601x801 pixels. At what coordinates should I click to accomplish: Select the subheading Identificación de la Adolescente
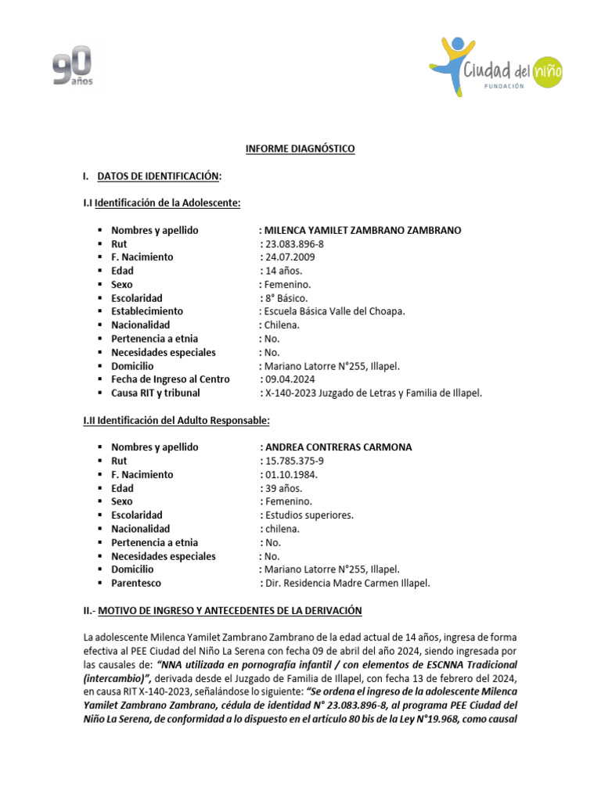pos(162,203)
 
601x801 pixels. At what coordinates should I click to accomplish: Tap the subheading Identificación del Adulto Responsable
pos(176,420)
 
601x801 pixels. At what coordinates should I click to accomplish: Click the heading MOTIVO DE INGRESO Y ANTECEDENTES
pos(229,610)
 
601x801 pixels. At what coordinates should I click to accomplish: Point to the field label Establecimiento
pos(147,311)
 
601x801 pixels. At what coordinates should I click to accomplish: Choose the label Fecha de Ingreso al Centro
pos(170,379)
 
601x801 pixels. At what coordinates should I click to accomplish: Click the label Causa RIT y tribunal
pos(155,393)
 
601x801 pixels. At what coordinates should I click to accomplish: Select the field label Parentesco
pos(138,583)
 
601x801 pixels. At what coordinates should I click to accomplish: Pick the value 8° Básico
pos(286,298)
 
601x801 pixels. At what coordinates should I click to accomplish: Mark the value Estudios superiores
pos(309,515)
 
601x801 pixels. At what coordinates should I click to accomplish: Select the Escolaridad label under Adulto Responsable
pos(137,515)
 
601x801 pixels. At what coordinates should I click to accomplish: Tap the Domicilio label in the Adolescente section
pos(132,366)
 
